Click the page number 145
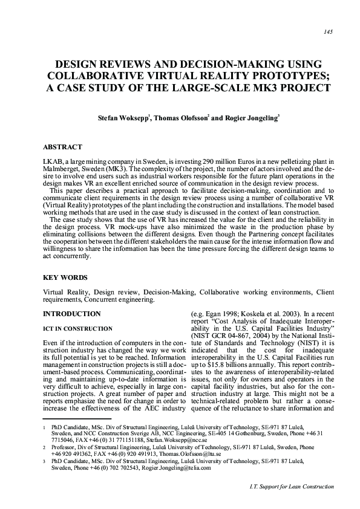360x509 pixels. click(329, 31)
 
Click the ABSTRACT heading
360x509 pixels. click(62, 147)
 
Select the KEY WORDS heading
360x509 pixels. click(64, 277)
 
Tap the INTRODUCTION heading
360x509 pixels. click(71, 314)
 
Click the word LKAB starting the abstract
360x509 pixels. click(51, 164)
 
